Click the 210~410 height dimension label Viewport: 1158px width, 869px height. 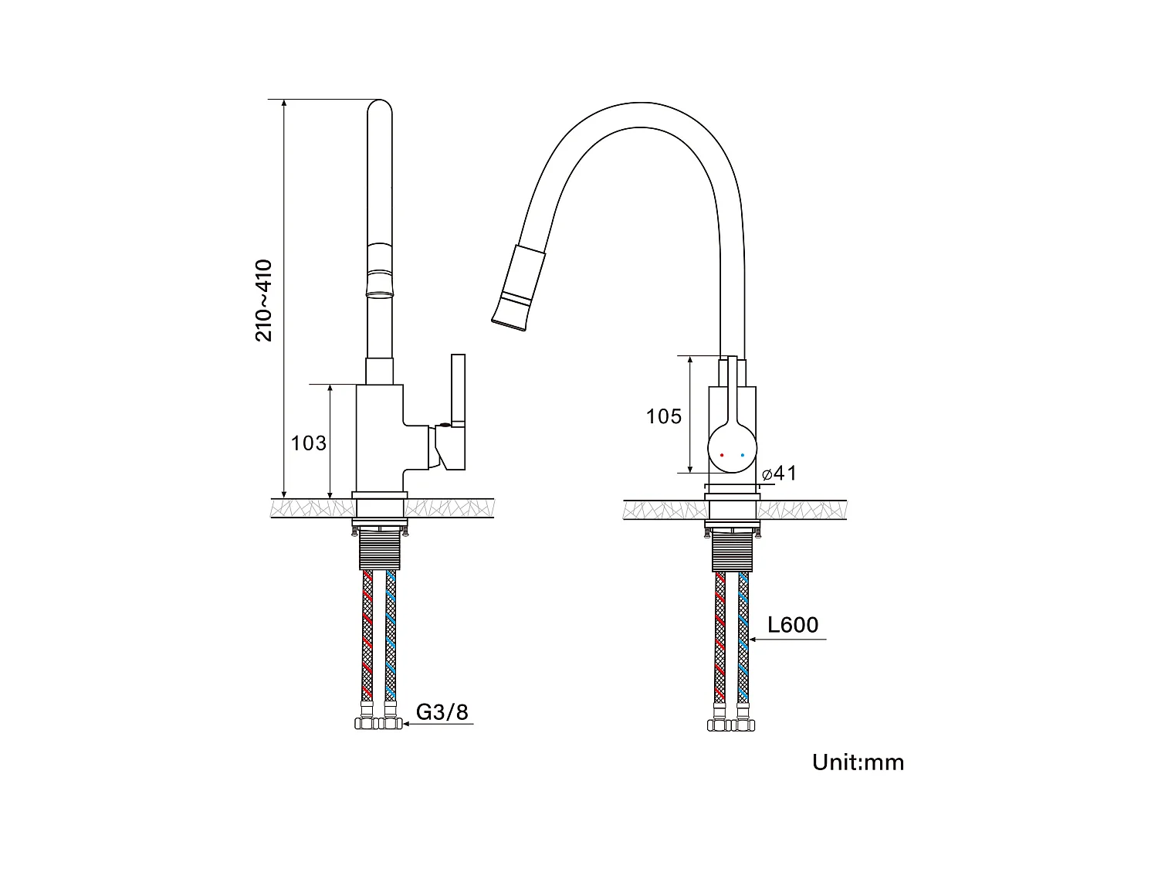(x=264, y=301)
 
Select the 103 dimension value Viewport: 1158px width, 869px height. (x=308, y=443)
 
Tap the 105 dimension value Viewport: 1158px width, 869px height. (x=664, y=417)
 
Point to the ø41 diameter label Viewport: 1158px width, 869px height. (x=779, y=474)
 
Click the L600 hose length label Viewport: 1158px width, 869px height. (x=793, y=624)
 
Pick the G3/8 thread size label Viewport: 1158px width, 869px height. (x=442, y=711)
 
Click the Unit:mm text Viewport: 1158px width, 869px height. (x=858, y=762)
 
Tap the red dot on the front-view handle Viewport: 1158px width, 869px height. (x=722, y=455)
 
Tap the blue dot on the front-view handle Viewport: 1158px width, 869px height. (x=743, y=455)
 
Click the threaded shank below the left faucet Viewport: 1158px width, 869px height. (x=379, y=551)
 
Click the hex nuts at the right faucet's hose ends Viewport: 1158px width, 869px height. (x=731, y=725)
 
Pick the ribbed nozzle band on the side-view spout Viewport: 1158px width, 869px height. (x=379, y=270)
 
